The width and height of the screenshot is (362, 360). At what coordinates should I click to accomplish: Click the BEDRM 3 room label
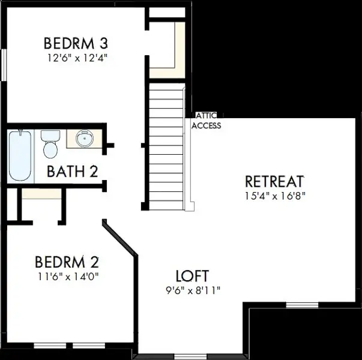[x=76, y=43]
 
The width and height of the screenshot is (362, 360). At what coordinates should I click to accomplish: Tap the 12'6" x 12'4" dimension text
[x=77, y=58]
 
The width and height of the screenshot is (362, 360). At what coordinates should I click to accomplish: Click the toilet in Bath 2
[x=50, y=144]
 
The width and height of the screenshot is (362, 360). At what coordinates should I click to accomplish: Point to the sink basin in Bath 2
[x=85, y=138]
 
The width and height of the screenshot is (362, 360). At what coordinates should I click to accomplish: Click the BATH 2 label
[x=73, y=171]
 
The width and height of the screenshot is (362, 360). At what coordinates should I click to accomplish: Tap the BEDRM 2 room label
[x=67, y=262]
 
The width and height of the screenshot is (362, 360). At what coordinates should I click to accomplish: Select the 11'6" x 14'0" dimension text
[x=68, y=276]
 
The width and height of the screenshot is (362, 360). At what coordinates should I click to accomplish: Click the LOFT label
[x=192, y=276]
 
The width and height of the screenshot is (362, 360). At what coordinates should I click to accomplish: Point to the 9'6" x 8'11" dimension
[x=193, y=290]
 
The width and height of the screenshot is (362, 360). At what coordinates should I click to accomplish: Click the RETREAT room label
[x=274, y=181]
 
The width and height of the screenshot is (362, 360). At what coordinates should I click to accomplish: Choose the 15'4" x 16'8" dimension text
[x=275, y=196]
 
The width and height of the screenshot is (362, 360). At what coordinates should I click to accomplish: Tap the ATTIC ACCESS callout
[x=206, y=121]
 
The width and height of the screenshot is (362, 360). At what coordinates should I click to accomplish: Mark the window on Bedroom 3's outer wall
[x=4, y=65]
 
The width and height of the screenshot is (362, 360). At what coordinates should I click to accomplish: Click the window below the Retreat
[x=302, y=305]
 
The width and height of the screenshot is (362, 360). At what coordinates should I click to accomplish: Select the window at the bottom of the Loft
[x=190, y=356]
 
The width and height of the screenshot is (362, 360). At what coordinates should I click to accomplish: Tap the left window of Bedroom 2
[x=50, y=346]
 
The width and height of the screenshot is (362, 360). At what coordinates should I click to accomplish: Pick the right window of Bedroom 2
[x=89, y=346]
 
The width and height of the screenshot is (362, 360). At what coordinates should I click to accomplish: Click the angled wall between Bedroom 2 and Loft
[x=120, y=238]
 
